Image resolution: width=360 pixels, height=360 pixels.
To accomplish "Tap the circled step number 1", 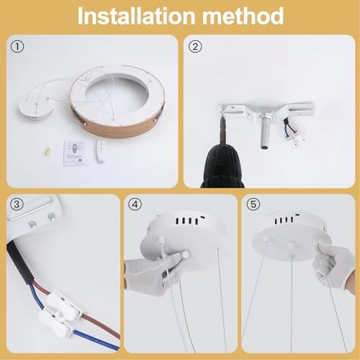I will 17,48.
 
